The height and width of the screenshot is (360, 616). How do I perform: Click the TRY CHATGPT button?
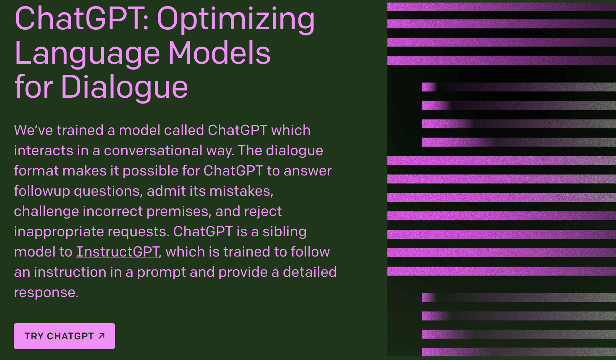coord(64,336)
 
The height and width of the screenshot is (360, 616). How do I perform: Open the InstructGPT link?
coord(118,252)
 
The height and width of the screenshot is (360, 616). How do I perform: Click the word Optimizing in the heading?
coord(236,20)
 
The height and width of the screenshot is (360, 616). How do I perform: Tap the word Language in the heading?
coord(87,53)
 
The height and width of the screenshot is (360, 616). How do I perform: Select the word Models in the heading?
coord(220,52)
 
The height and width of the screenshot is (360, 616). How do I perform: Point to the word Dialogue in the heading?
coord(124,87)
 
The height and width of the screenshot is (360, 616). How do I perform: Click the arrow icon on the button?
coord(102,336)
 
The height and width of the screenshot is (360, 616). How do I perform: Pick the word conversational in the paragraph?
coord(153,151)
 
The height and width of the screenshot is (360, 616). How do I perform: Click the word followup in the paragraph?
coord(42,191)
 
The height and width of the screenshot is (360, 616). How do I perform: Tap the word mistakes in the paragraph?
coord(242,191)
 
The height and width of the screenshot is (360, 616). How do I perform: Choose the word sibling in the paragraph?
coord(285,232)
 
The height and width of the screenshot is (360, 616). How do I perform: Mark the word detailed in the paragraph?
coord(310,272)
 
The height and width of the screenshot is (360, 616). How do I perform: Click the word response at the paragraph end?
coord(46,292)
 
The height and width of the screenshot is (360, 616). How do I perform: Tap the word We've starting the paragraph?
coord(33,130)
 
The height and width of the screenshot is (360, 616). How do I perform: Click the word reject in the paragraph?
coord(263,212)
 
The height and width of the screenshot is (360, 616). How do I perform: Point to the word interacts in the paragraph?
coord(43,151)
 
